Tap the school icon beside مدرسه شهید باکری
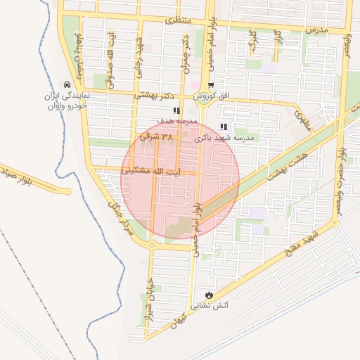[x=224, y=127]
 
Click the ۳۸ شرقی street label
[x=156, y=137]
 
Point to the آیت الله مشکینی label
[x=150, y=171]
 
